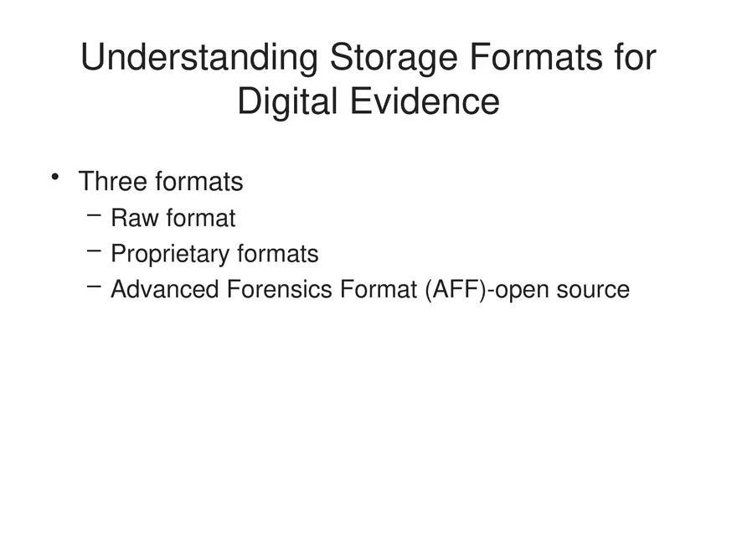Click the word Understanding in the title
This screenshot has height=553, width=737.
click(198, 59)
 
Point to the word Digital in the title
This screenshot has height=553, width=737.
click(286, 102)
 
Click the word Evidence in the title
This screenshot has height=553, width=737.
click(423, 102)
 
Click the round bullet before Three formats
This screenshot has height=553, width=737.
click(55, 176)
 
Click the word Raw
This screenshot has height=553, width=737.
click(134, 219)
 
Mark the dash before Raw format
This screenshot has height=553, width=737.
click(94, 215)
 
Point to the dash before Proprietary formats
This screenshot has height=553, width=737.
click(94, 251)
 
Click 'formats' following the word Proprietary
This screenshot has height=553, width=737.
click(278, 254)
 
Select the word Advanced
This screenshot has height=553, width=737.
click(164, 289)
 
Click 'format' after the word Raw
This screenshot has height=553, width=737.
click(200, 219)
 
